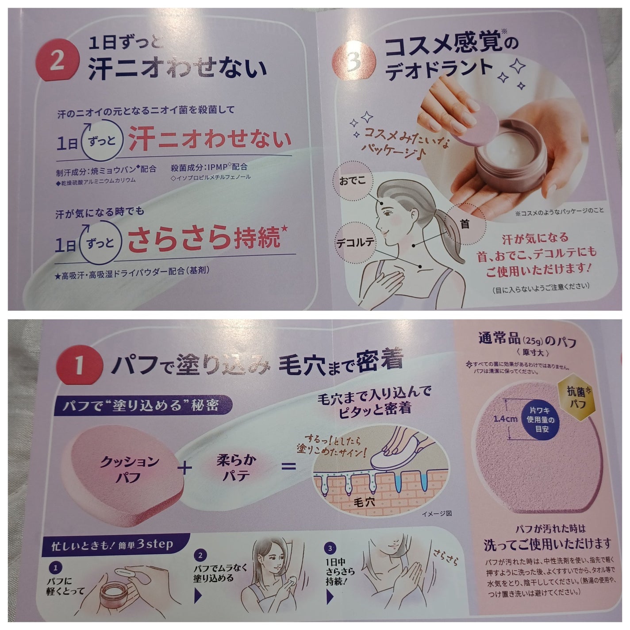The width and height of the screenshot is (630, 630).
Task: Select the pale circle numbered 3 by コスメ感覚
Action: (x=354, y=63)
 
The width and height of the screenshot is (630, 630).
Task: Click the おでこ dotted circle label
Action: (x=354, y=182)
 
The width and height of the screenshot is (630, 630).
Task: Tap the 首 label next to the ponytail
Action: (x=464, y=224)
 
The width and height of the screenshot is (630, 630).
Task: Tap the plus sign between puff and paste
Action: (x=187, y=468)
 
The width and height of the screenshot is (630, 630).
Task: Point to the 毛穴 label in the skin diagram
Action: (x=365, y=503)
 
